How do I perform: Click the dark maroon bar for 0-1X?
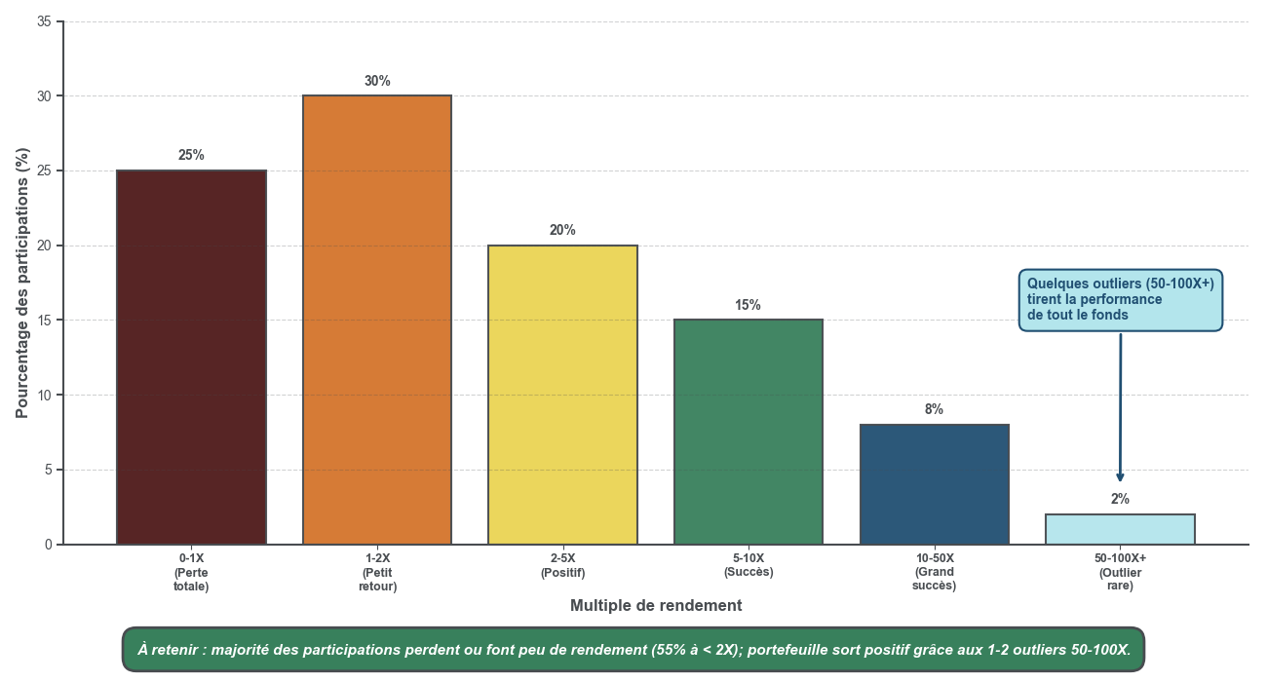(191, 358)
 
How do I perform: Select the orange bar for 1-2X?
(377, 320)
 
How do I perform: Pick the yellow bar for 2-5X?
(562, 395)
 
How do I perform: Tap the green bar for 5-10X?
(749, 432)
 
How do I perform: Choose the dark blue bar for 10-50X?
(935, 484)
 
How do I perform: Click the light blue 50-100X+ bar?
(1120, 529)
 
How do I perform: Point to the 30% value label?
(377, 81)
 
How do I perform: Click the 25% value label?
(191, 155)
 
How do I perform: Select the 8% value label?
(934, 409)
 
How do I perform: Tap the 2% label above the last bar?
(1120, 499)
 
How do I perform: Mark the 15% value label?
(748, 305)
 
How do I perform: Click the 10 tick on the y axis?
(44, 395)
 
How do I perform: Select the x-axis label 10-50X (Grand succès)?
(935, 572)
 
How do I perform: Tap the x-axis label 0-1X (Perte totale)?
(191, 572)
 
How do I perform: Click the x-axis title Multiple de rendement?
(656, 606)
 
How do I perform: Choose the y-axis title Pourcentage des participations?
(22, 283)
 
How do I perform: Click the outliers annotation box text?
(1121, 299)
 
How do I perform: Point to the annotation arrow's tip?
(1120, 480)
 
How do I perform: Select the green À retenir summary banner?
(633, 649)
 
